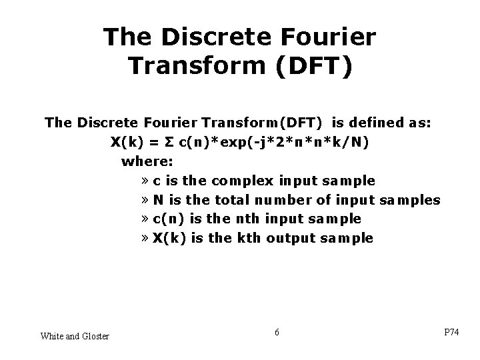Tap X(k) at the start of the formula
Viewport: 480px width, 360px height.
[127, 142]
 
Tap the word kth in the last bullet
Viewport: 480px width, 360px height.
[248, 238]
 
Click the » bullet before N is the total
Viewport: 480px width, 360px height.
[145, 200]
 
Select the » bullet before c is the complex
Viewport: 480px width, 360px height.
[145, 181]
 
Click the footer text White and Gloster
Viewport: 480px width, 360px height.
[75, 335]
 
